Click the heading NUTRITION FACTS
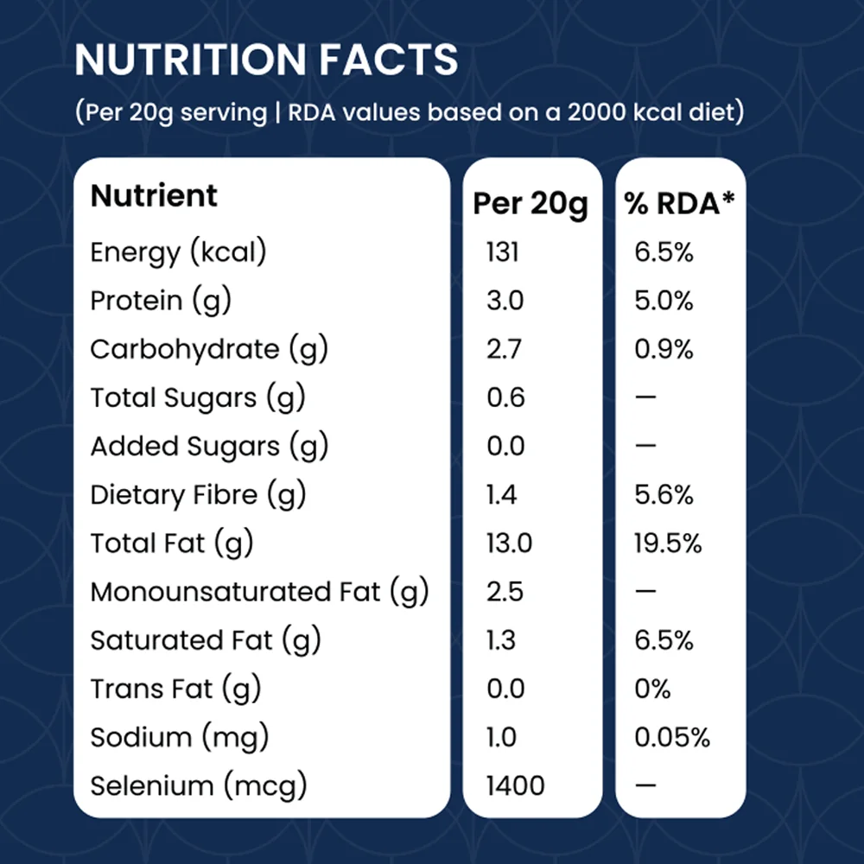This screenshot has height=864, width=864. click(266, 60)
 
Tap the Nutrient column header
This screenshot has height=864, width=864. click(154, 195)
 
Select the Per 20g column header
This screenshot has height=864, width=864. click(530, 205)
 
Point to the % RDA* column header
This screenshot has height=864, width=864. click(679, 203)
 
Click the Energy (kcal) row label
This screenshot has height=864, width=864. click(178, 253)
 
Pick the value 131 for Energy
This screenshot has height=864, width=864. click(503, 252)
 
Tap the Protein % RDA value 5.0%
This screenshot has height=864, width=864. click(664, 301)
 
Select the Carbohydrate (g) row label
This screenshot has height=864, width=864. click(209, 350)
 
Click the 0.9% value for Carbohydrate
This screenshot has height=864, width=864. click(664, 349)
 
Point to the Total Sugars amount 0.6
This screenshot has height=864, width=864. click(505, 397)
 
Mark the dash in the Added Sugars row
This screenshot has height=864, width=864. click(645, 445)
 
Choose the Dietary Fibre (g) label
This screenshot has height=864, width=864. click(198, 495)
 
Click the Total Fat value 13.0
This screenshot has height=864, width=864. click(509, 543)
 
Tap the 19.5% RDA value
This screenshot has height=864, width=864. click(667, 543)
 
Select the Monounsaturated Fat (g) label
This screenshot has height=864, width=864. click(259, 593)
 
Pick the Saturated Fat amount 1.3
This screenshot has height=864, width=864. click(501, 640)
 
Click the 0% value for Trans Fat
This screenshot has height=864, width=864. click(652, 689)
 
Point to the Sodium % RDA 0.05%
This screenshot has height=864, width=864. click(671, 737)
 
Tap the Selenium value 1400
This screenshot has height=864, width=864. click(515, 785)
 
